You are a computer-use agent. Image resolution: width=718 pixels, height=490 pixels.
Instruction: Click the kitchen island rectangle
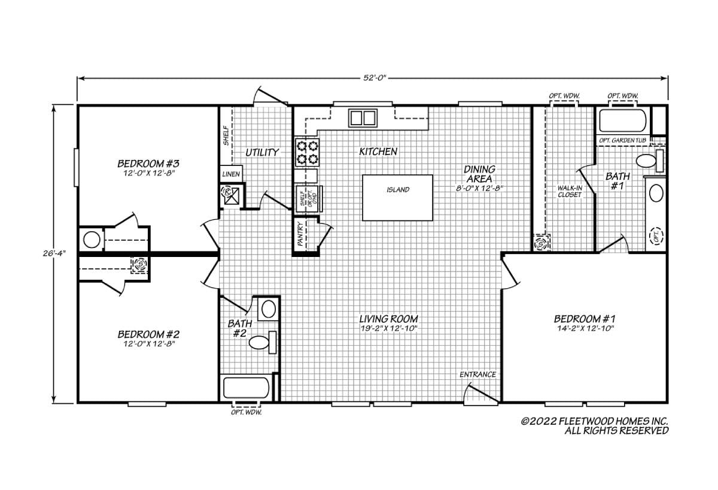tap(397, 198)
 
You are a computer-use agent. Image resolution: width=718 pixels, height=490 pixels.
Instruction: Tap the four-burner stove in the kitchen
tap(307, 152)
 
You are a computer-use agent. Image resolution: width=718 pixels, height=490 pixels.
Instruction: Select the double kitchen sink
tap(363, 118)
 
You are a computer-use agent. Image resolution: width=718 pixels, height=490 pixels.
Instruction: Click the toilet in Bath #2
tap(263, 343)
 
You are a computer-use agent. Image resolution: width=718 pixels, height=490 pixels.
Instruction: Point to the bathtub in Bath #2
tap(246, 388)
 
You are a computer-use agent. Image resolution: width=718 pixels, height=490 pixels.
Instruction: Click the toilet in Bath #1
tap(650, 161)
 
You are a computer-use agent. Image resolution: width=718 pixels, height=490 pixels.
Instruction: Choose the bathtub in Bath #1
tap(623, 120)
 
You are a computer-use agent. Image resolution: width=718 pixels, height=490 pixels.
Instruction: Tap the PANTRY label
tap(300, 234)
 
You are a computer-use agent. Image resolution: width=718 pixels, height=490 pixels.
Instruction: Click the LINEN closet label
tap(231, 174)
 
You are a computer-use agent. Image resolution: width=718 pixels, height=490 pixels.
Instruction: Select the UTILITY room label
tap(262, 152)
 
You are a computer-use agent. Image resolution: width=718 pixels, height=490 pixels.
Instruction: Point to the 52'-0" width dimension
tap(375, 78)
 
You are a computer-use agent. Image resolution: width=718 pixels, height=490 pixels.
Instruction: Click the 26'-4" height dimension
tap(54, 253)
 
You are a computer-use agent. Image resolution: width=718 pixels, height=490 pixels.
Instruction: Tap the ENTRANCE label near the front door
tap(477, 374)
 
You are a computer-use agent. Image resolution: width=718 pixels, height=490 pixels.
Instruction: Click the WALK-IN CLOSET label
tap(570, 191)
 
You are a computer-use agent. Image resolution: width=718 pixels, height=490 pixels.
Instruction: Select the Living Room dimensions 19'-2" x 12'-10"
tap(388, 328)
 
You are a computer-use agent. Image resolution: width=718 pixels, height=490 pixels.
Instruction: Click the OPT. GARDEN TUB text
tap(622, 140)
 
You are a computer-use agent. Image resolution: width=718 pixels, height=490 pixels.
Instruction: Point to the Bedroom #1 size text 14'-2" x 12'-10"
tap(585, 328)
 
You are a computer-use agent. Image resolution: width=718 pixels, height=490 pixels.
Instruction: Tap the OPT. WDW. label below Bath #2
tap(246, 412)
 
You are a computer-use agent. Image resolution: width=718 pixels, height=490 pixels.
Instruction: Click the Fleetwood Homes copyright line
tap(595, 421)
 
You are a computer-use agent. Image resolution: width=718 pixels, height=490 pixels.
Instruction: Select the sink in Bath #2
tap(269, 309)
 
